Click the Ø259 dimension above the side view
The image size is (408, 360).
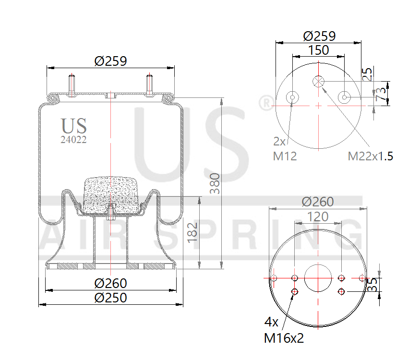coord(110,61)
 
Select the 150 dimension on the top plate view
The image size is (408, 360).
coord(318,50)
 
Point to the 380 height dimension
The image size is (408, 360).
coord(215,182)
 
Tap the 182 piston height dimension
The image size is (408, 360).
coord(192,232)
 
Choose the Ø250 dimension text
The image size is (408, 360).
coord(110,298)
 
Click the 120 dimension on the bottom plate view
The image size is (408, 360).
coord(318,217)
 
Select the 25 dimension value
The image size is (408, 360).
coord(367,74)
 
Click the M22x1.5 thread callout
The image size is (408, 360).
coord(370,156)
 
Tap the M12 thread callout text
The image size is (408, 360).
coord(285,156)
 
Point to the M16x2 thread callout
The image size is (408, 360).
coord(284,338)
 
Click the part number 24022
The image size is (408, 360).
coord(73,140)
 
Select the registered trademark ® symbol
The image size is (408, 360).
coord(264,103)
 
